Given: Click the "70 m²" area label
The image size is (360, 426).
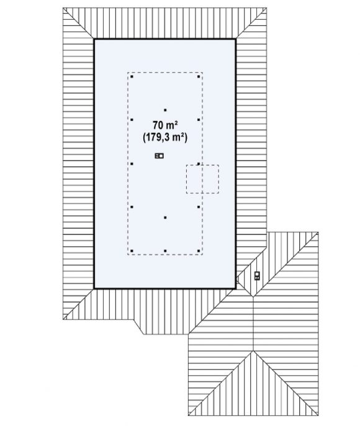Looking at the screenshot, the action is (x=165, y=125).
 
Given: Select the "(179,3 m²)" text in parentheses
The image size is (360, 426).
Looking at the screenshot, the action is (x=165, y=137).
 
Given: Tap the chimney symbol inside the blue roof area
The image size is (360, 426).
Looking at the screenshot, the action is (x=159, y=156).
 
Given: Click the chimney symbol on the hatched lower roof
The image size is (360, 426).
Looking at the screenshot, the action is (x=257, y=275).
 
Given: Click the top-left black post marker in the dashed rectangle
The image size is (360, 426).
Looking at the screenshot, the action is (x=132, y=77).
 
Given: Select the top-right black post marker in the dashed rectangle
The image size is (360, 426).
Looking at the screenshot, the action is (x=199, y=77).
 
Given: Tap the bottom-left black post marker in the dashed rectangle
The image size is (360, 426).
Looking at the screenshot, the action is (x=132, y=251).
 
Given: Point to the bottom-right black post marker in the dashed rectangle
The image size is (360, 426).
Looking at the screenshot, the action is (x=199, y=251).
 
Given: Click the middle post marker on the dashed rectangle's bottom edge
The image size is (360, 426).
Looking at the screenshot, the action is (x=165, y=251).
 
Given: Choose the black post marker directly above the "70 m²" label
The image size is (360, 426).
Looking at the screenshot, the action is (x=165, y=110).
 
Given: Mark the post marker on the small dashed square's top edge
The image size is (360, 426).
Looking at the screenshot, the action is (x=199, y=164).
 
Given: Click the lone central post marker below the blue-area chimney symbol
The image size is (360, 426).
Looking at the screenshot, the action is (x=165, y=218).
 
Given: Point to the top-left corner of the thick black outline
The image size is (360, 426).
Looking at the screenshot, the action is (x=94, y=40).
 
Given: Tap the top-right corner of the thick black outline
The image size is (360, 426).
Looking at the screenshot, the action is (x=235, y=40).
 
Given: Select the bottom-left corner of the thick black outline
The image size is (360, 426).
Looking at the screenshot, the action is (x=94, y=288).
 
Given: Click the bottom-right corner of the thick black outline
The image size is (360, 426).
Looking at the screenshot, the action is (x=235, y=288).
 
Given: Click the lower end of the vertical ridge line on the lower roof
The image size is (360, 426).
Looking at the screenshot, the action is (x=253, y=351).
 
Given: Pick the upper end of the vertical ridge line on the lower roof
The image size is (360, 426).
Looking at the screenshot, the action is (x=253, y=297).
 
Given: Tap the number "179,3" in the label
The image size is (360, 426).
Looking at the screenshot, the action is (x=158, y=137).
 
